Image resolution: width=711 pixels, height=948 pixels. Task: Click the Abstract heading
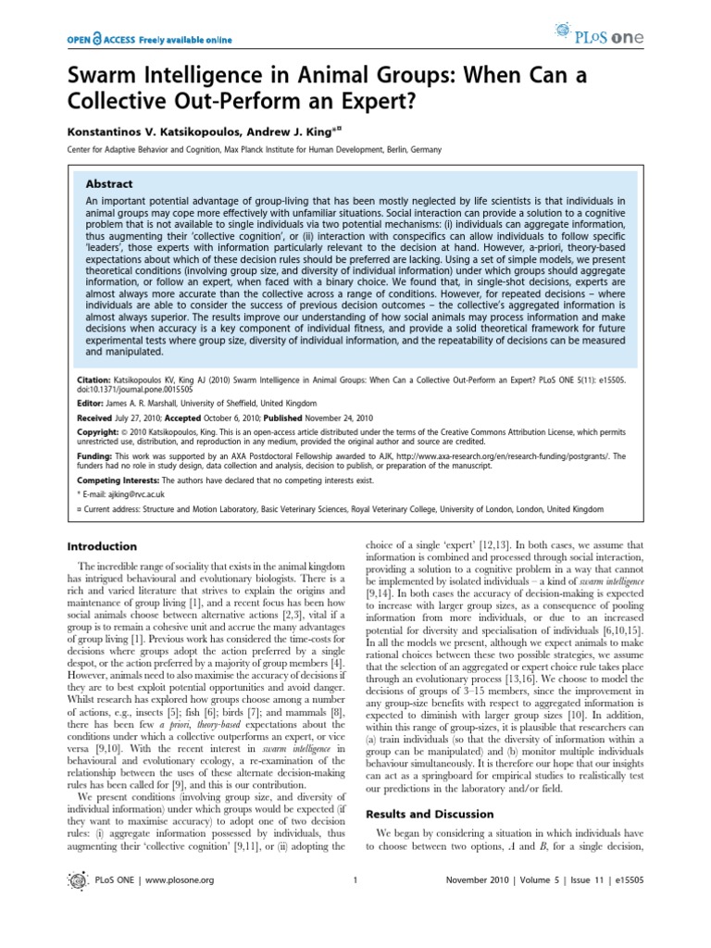pos(110,183)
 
